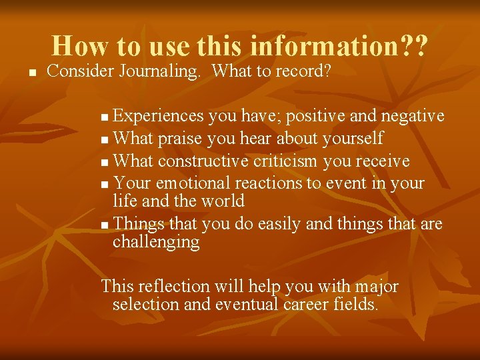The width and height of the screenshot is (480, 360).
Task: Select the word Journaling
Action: (161, 71)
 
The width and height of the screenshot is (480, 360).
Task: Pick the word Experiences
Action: (158, 116)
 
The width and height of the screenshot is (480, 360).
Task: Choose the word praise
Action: (180, 138)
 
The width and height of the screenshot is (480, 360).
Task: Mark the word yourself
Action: (353, 138)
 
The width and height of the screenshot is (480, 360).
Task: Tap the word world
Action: (225, 201)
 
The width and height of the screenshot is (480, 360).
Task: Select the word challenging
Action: (156, 242)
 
